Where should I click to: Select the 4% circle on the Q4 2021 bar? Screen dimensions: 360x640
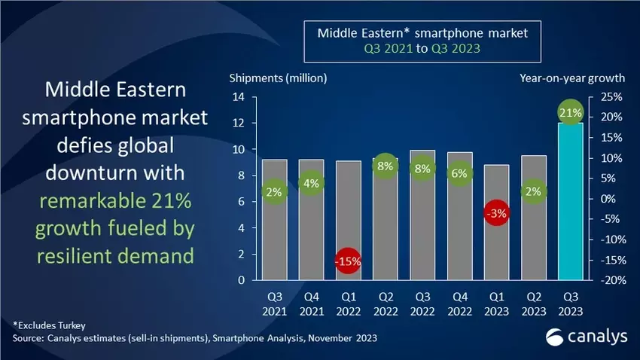pyautogui.click(x=311, y=183)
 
